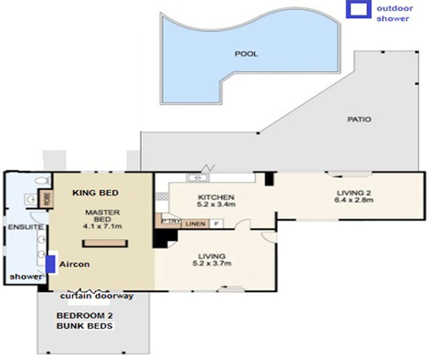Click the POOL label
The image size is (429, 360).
pyautogui.click(x=246, y=54)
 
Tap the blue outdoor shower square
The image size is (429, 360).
pyautogui.click(x=358, y=9)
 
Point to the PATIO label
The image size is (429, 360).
pyautogui.click(x=359, y=119)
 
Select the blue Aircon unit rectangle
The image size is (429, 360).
pyautogui.click(x=50, y=264)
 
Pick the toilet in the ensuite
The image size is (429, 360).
pyautogui.click(x=42, y=180)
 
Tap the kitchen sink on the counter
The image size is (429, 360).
pyautogui.click(x=197, y=178)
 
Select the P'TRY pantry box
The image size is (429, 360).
pyautogui.click(x=168, y=221)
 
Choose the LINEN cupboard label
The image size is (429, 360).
pyautogui.click(x=195, y=224)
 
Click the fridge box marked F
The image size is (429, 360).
pyautogui.click(x=216, y=224)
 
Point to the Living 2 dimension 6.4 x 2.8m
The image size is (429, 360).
pyautogui.click(x=353, y=200)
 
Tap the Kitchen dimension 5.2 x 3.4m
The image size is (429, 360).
pyautogui.click(x=216, y=204)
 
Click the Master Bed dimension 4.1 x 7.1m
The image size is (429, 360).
pyautogui.click(x=103, y=226)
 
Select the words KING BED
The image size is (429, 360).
pyautogui.click(x=96, y=193)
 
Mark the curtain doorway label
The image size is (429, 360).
pyautogui.click(x=97, y=296)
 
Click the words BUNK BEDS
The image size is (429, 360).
pyautogui.click(x=85, y=326)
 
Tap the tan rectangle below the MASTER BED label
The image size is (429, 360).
pyautogui.click(x=105, y=243)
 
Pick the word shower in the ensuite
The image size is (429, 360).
pyautogui.click(x=26, y=277)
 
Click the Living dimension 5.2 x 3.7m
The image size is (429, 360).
pyautogui.click(x=212, y=263)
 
